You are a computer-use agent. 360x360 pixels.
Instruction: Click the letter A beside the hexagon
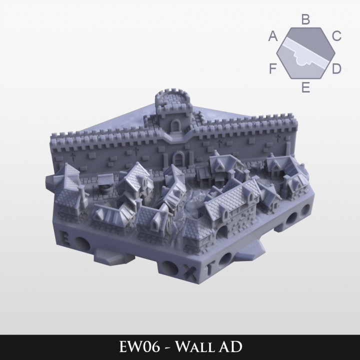coord(273,36)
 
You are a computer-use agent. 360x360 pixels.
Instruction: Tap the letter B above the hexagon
coord(306,19)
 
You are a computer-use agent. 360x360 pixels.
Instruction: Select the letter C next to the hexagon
coord(336,36)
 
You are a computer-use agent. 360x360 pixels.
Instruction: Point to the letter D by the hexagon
coord(336,68)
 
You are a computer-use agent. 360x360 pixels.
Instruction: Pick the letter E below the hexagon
coord(306,88)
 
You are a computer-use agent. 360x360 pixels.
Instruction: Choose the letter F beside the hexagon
coord(273,68)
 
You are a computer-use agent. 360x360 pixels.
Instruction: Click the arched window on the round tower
coord(175,126)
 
